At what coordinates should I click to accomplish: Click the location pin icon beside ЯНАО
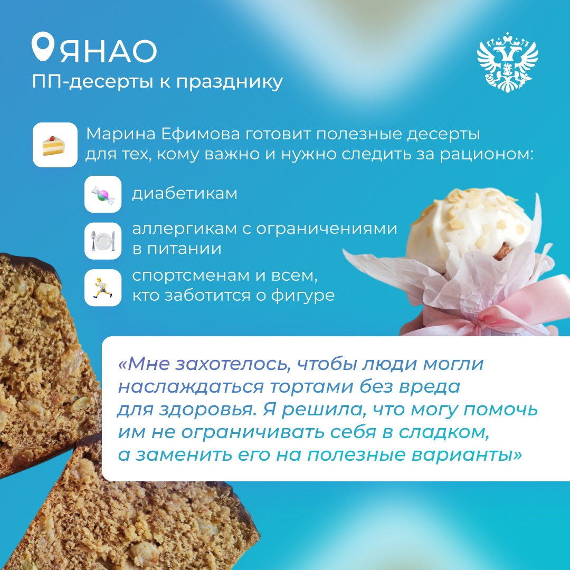tap(44, 49)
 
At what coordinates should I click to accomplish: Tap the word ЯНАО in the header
tap(108, 51)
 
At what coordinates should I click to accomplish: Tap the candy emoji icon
tap(103, 194)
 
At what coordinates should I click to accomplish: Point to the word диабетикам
tap(184, 194)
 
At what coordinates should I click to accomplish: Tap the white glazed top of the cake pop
tap(470, 222)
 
